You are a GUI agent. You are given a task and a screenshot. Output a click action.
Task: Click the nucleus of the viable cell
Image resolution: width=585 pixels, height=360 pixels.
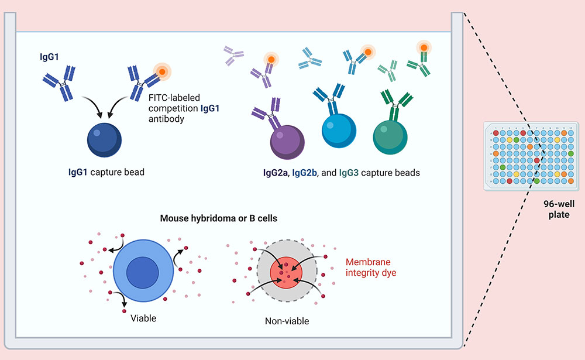coord(143,273)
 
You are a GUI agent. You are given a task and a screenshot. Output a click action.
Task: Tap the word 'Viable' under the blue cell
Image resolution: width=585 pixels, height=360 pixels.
coord(143,318)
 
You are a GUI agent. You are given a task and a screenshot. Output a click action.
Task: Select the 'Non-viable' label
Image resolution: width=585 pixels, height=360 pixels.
coord(287,321)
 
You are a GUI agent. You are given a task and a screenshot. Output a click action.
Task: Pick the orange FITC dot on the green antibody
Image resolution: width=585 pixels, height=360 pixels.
coord(422,48)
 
